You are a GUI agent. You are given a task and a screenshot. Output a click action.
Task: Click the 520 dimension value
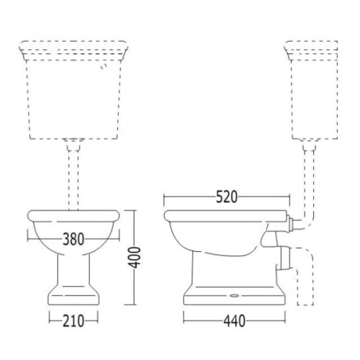point(227,197)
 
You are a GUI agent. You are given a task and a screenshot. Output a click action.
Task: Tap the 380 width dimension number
point(73,239)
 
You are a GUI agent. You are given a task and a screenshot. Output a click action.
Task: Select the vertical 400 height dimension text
point(134,257)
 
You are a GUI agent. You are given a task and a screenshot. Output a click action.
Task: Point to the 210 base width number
point(73,321)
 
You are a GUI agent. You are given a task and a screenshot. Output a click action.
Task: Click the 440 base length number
point(235,321)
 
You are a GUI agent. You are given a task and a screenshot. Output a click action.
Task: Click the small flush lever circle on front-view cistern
point(104,66)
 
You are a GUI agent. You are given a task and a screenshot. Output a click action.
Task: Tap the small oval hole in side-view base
point(233,296)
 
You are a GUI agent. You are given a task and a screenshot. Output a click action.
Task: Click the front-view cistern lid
point(73,50)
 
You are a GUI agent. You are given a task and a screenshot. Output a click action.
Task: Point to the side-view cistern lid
point(311,50)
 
